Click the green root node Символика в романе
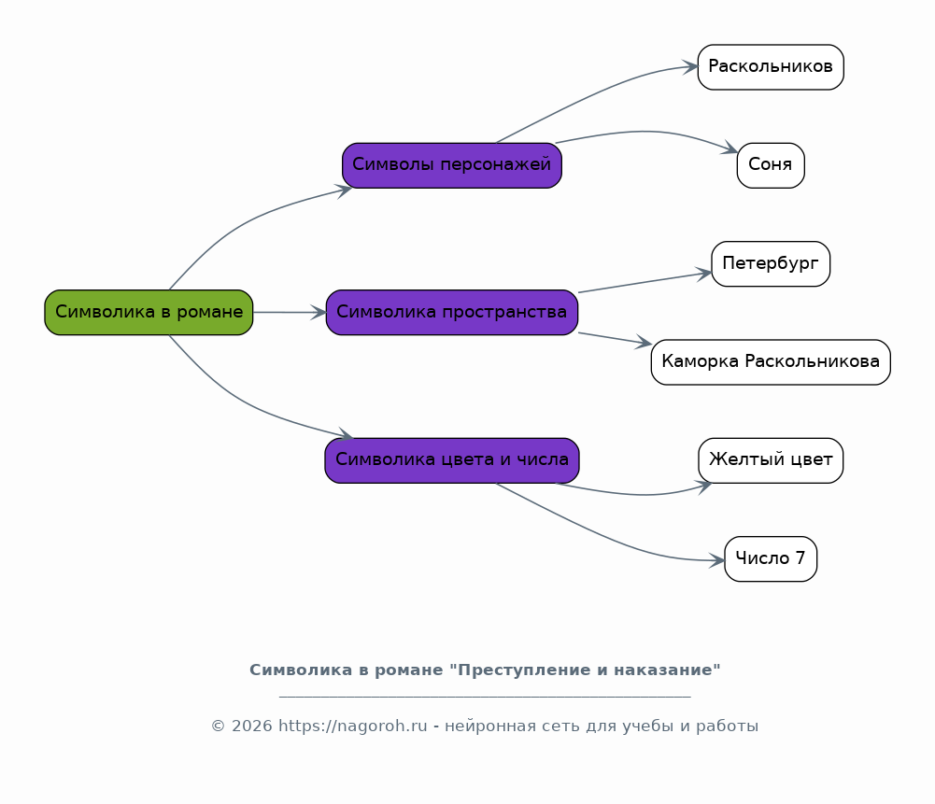(x=149, y=313)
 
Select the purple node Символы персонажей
(x=452, y=165)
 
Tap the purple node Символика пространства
(x=452, y=313)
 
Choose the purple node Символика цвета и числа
(x=452, y=460)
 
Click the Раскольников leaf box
(x=771, y=67)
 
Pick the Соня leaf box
(x=771, y=165)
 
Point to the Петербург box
(x=771, y=264)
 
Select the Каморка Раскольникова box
(x=771, y=362)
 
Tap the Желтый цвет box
(x=771, y=460)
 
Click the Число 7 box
(x=771, y=558)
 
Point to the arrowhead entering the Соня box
(x=730, y=149)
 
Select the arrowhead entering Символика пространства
(x=319, y=313)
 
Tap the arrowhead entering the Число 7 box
(x=717, y=560)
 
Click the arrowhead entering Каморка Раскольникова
(x=644, y=345)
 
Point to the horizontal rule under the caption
(x=485, y=697)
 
